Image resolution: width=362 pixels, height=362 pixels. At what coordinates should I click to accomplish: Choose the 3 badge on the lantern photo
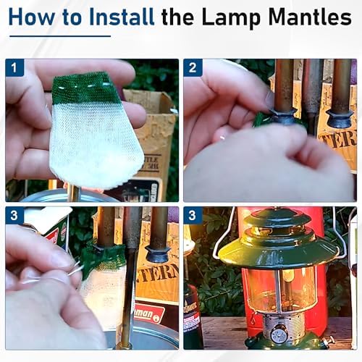(193, 216)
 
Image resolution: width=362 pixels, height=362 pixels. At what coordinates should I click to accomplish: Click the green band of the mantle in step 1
(85, 88)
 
